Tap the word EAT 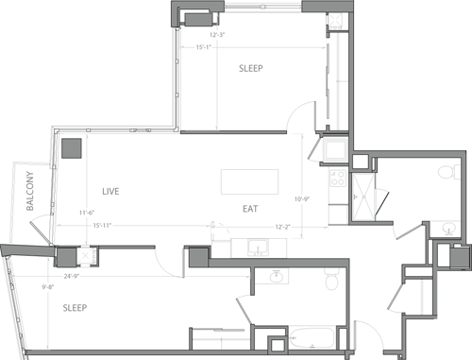point(250,208)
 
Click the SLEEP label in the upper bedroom point(250,69)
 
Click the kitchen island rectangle point(250,181)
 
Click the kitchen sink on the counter point(257,249)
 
